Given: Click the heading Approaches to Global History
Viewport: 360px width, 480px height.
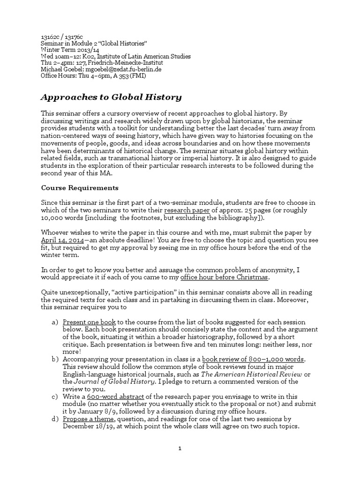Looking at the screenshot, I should (x=111, y=97).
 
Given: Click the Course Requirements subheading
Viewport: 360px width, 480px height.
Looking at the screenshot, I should (x=80, y=188).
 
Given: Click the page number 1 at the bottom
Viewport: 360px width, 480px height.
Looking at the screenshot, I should (x=180, y=449).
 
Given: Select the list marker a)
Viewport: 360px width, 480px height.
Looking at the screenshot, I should (x=54, y=322).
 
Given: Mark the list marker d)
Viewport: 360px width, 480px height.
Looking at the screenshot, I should (x=54, y=419).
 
